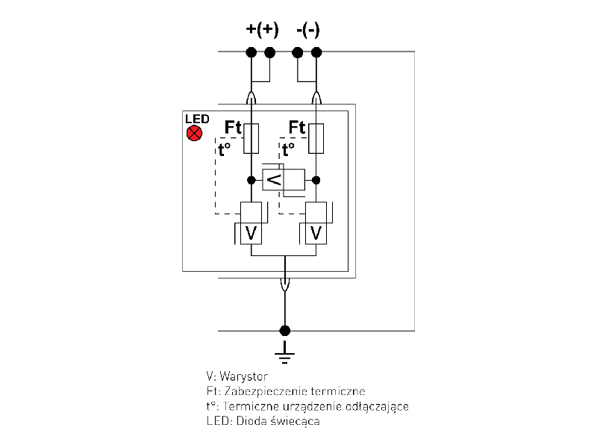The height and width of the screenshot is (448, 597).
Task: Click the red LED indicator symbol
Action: coord(194,134)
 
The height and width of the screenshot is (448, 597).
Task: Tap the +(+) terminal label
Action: coord(262,30)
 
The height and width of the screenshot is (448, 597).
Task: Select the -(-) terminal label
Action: coord(308,30)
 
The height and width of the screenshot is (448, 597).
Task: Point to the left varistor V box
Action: coord(251,233)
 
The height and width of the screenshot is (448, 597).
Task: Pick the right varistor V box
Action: coord(316,233)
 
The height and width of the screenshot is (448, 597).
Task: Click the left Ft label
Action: coord(234,127)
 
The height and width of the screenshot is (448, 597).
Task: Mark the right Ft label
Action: coord(297,127)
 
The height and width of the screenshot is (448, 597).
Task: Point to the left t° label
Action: coord(224,149)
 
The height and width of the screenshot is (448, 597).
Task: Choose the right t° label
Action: coord(288,149)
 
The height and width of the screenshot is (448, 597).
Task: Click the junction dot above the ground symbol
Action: coord(284,330)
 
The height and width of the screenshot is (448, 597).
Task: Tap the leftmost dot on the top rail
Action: coord(251,52)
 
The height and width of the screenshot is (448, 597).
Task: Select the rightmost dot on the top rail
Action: coord(316,52)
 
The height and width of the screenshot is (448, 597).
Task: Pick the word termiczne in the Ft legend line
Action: coord(342,391)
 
